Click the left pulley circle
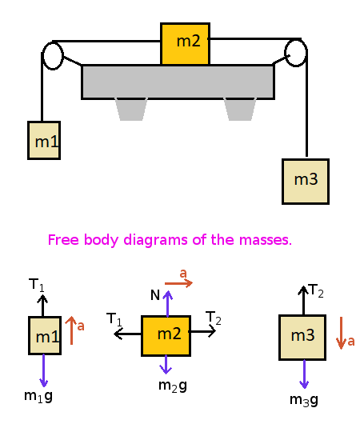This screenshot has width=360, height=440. [x=53, y=55]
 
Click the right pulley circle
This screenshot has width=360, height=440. [x=296, y=53]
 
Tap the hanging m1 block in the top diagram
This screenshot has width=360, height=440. [x=44, y=141]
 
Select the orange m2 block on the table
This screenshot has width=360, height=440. [x=185, y=43]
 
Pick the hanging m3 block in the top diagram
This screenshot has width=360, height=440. [x=306, y=181]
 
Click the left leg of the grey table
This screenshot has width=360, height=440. [x=131, y=109]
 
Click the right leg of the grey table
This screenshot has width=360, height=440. [x=240, y=109]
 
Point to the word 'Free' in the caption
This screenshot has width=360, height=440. [x=62, y=240]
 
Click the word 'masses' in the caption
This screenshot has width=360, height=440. [x=266, y=240]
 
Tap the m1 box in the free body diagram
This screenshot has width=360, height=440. [x=45, y=336]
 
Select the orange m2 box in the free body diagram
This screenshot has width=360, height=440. [x=166, y=335]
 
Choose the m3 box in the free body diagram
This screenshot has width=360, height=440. [x=302, y=337]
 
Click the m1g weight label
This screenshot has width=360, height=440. [x=38, y=396]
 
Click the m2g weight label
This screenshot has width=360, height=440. [x=172, y=386]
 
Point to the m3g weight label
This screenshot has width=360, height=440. [x=304, y=399]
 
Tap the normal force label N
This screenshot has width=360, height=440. [x=154, y=296]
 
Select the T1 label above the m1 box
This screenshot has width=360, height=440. [x=37, y=285]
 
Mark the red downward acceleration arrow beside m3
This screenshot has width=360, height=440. [x=341, y=332]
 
